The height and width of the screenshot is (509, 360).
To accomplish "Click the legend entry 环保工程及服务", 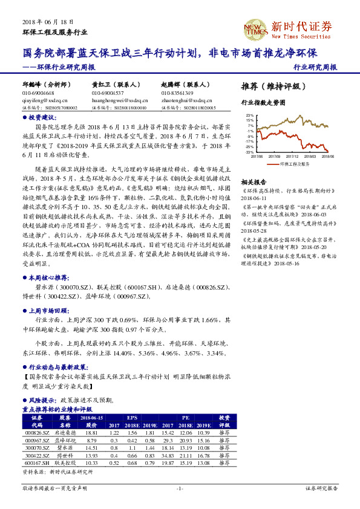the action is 294,163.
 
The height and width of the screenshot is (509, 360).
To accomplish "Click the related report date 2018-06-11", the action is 254,198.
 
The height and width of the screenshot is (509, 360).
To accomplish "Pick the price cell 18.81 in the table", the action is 92,432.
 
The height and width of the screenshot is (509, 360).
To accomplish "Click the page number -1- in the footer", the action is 180,488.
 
